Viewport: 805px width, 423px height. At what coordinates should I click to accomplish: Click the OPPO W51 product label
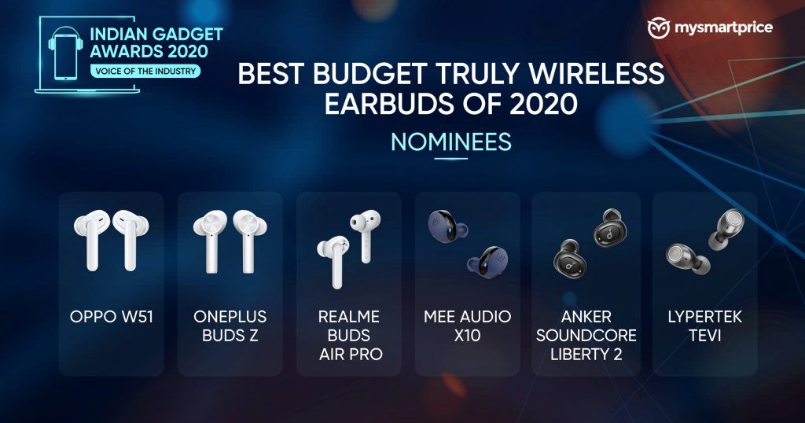pyautogui.click(x=112, y=316)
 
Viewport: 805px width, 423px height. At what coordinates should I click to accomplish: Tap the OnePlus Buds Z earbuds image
pyautogui.click(x=230, y=241)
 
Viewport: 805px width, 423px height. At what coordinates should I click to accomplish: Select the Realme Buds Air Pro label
pyautogui.click(x=349, y=335)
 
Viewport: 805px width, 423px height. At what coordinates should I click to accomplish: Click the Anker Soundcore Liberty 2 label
pyautogui.click(x=586, y=335)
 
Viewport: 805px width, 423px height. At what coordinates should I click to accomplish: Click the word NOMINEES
pyautogui.click(x=451, y=142)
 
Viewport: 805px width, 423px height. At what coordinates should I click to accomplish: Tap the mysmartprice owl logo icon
pyautogui.click(x=659, y=28)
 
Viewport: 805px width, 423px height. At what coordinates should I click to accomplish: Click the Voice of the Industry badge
pyautogui.click(x=145, y=71)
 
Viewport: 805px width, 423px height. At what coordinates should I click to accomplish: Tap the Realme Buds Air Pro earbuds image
pyautogui.click(x=349, y=248)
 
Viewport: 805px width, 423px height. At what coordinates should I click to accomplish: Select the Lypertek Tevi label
pyautogui.click(x=705, y=326)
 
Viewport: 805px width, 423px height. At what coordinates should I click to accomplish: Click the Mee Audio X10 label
pyautogui.click(x=468, y=326)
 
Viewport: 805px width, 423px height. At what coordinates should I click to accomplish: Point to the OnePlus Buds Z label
pyautogui.click(x=230, y=326)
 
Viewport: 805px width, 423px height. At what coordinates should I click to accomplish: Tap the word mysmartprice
pyautogui.click(x=723, y=28)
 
